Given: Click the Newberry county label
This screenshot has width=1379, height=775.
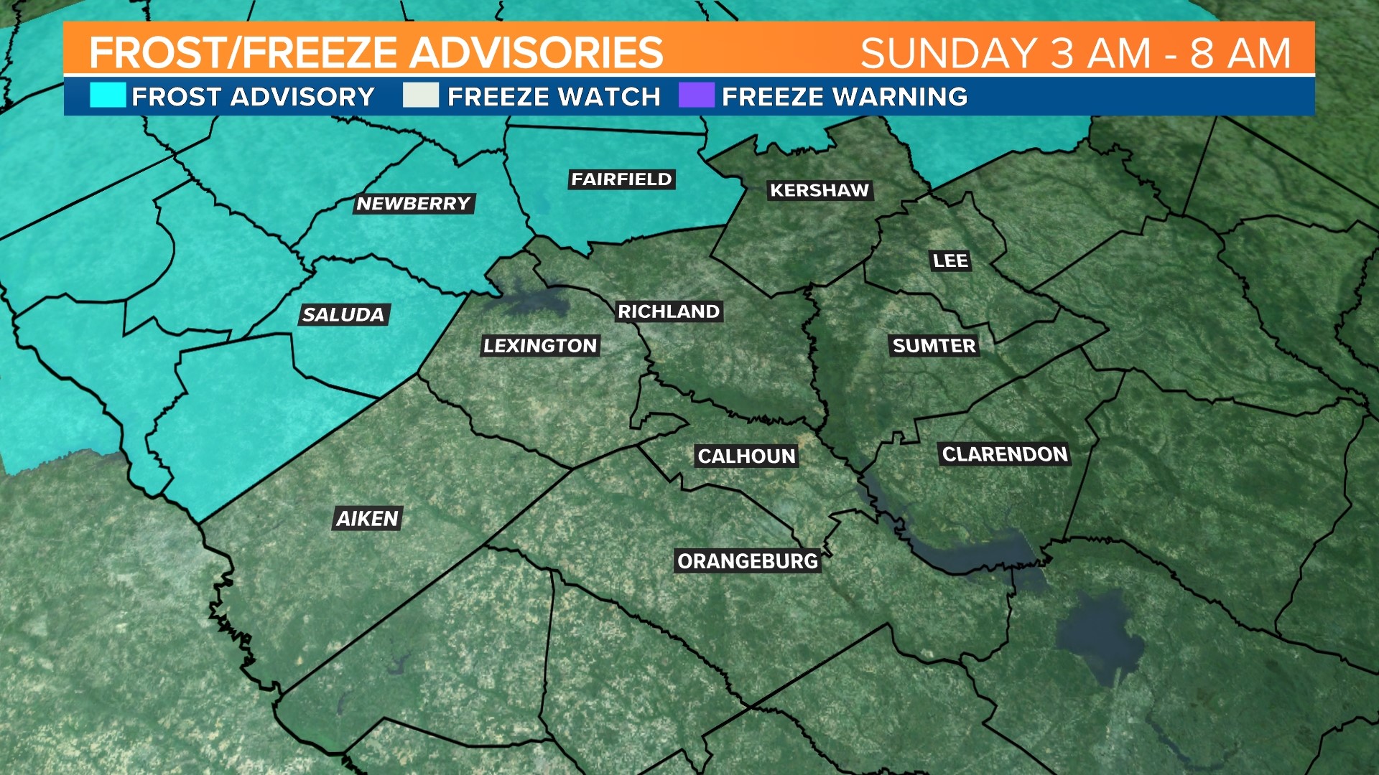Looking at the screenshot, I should point(413,204).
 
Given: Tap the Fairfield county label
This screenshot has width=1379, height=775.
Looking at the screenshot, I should point(621,179).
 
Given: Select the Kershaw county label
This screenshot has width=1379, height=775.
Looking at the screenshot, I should point(819,190).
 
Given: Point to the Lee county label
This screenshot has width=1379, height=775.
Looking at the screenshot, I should point(950,260).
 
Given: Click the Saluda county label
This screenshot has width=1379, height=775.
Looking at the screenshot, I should point(343,314).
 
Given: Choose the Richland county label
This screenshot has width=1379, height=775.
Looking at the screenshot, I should point(669,311).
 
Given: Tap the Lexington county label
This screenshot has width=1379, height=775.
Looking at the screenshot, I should point(540,346).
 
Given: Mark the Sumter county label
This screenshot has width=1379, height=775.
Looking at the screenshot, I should point(934,346).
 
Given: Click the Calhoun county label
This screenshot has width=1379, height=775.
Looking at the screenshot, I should point(746,456).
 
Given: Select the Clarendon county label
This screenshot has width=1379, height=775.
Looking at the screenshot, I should point(1005,454).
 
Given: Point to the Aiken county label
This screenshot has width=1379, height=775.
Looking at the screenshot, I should point(367,518).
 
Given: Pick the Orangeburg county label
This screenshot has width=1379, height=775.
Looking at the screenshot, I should point(748,561).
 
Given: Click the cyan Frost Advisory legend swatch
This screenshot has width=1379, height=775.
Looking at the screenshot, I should point(108,95).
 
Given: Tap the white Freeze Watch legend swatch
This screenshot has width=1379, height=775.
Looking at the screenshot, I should point(421,95).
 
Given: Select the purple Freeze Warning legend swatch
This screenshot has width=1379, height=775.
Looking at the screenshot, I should point(696,95).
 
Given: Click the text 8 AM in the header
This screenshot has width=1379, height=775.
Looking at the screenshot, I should point(1240,53).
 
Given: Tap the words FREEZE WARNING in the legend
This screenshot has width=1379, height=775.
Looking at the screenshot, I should point(845,97).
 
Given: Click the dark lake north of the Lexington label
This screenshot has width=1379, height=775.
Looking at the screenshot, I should point(532,301).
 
